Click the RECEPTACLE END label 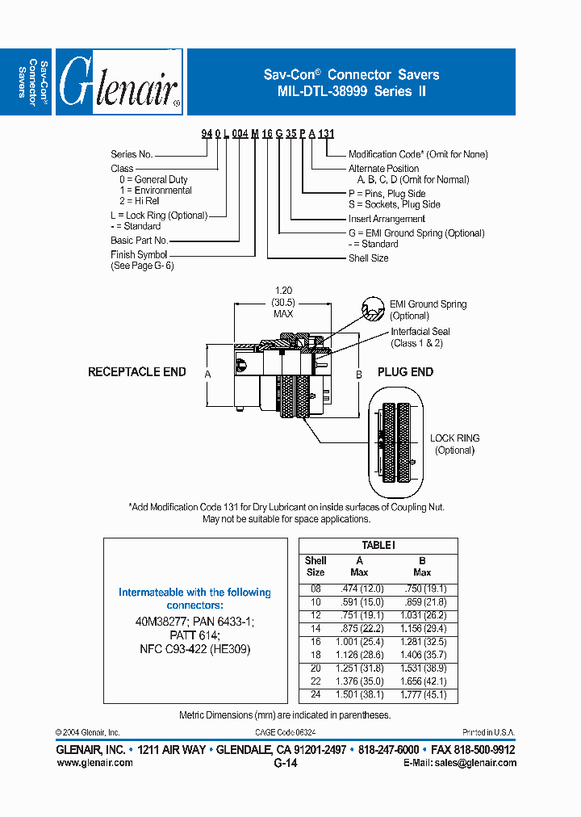(x=136, y=372)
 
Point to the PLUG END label (x=405, y=372)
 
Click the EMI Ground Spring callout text (x=428, y=304)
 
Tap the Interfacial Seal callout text (x=420, y=332)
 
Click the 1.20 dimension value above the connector (x=283, y=290)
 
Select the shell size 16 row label (x=315, y=642)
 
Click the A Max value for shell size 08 (x=360, y=589)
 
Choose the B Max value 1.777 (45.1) (x=424, y=695)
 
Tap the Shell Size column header (x=316, y=566)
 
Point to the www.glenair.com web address (x=94, y=763)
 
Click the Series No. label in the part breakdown (x=132, y=154)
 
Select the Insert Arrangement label (x=387, y=219)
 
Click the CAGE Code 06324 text (x=285, y=731)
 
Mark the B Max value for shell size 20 (x=424, y=668)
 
